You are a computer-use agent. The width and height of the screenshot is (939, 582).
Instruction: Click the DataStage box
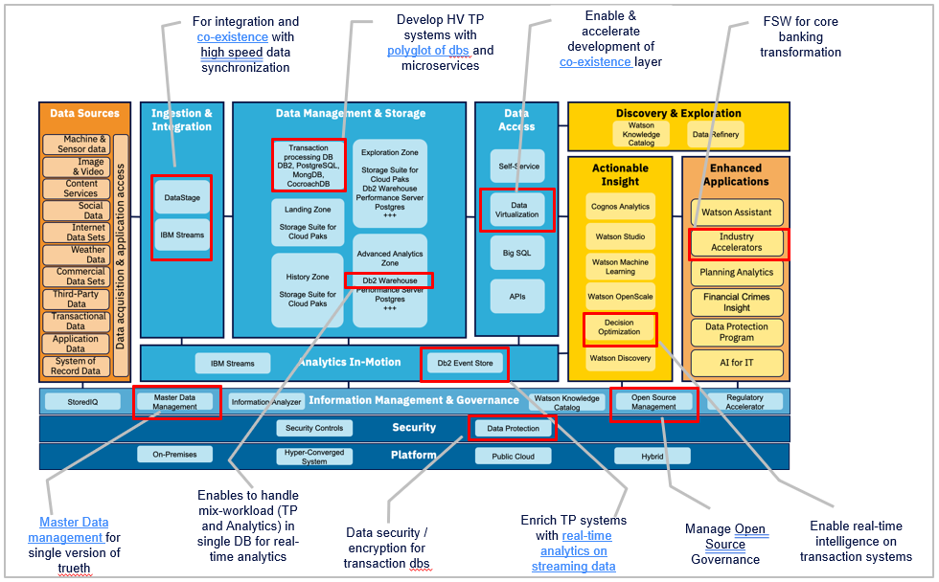182,197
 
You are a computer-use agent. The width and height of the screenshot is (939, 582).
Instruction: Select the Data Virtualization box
517,210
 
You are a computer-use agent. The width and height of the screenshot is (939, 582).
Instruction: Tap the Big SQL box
517,253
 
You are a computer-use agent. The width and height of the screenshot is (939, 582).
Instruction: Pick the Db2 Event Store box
465,363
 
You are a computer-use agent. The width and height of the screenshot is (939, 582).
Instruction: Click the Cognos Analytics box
620,207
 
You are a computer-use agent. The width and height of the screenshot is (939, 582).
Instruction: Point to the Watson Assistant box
737,213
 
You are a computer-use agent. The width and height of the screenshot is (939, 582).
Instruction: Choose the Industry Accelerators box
737,242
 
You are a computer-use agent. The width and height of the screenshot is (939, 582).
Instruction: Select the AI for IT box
737,364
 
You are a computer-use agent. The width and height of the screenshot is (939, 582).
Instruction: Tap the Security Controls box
314,428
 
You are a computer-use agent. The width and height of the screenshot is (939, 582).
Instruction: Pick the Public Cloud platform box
513,457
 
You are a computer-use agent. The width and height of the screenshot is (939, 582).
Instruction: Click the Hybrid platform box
653,457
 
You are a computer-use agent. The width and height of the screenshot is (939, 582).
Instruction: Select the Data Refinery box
715,135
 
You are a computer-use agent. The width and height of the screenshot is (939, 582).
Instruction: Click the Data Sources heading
85,114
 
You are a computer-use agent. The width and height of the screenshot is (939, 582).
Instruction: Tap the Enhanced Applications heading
736,174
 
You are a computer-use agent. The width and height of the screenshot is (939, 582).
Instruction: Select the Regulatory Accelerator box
744,402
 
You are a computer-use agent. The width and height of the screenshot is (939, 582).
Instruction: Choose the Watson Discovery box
620,359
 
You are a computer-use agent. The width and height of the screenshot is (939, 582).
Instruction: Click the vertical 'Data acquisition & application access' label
121,255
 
